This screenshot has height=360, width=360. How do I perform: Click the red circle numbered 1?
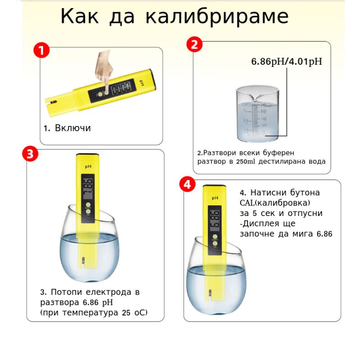coord(41,50)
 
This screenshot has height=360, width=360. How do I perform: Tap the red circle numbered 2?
coord(194,44)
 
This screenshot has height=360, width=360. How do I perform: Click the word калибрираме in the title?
coord(217,17)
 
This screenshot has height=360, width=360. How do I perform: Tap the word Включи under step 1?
coord(73,128)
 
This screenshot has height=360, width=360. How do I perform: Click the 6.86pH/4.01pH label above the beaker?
coord(287,62)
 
